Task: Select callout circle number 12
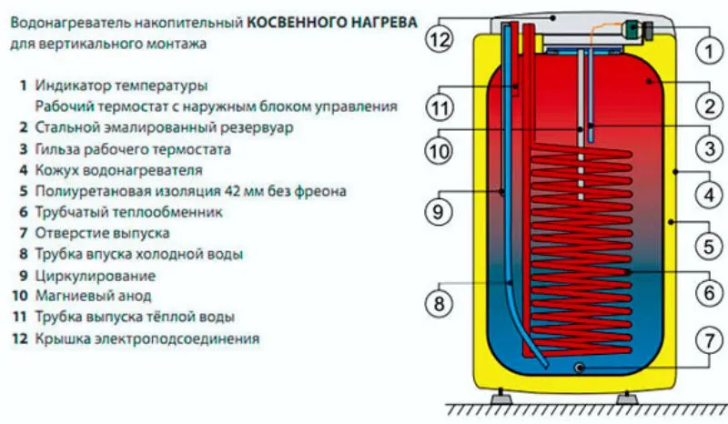[x=441, y=40]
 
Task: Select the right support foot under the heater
[x=626, y=399]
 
